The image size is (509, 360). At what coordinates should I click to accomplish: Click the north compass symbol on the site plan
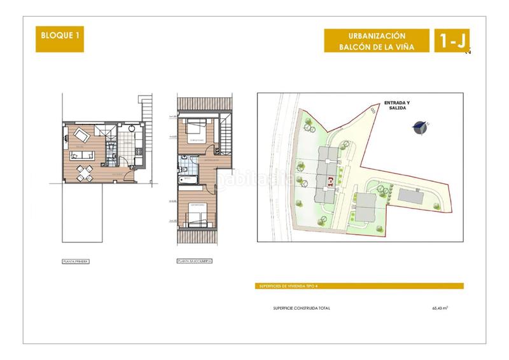(x=418, y=127)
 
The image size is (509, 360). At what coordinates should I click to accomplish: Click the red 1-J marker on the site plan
(x=331, y=181)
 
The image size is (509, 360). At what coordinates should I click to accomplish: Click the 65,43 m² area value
(x=440, y=308)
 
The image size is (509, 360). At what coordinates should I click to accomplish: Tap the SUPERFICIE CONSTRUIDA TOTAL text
(x=301, y=308)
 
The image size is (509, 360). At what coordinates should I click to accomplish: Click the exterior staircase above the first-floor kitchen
(x=146, y=108)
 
